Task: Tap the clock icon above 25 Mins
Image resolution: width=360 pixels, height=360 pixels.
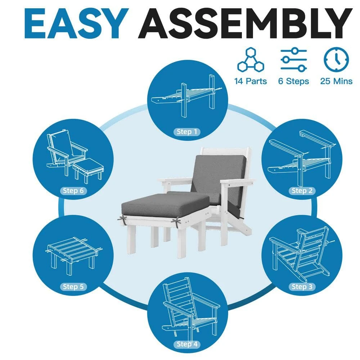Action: tap(336, 60)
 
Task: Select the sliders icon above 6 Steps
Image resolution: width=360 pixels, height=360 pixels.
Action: tap(294, 59)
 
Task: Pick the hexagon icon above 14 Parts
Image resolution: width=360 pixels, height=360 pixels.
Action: tap(251, 60)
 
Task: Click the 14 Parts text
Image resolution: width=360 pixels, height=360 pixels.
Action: tap(251, 81)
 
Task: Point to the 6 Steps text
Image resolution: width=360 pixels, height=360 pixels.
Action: tap(294, 81)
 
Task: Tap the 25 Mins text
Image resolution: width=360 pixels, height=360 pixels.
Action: tap(336, 81)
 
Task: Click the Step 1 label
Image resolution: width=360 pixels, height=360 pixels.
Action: tap(187, 132)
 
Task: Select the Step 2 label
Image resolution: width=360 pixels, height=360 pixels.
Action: tap(302, 190)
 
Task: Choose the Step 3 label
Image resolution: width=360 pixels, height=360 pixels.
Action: tap(302, 287)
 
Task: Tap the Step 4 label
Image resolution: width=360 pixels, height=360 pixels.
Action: tap(187, 344)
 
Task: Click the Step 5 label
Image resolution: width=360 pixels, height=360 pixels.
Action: tap(73, 287)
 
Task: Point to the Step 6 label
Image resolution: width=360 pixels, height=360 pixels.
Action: tap(73, 190)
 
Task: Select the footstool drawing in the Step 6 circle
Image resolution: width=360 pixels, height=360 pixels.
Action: tap(88, 170)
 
